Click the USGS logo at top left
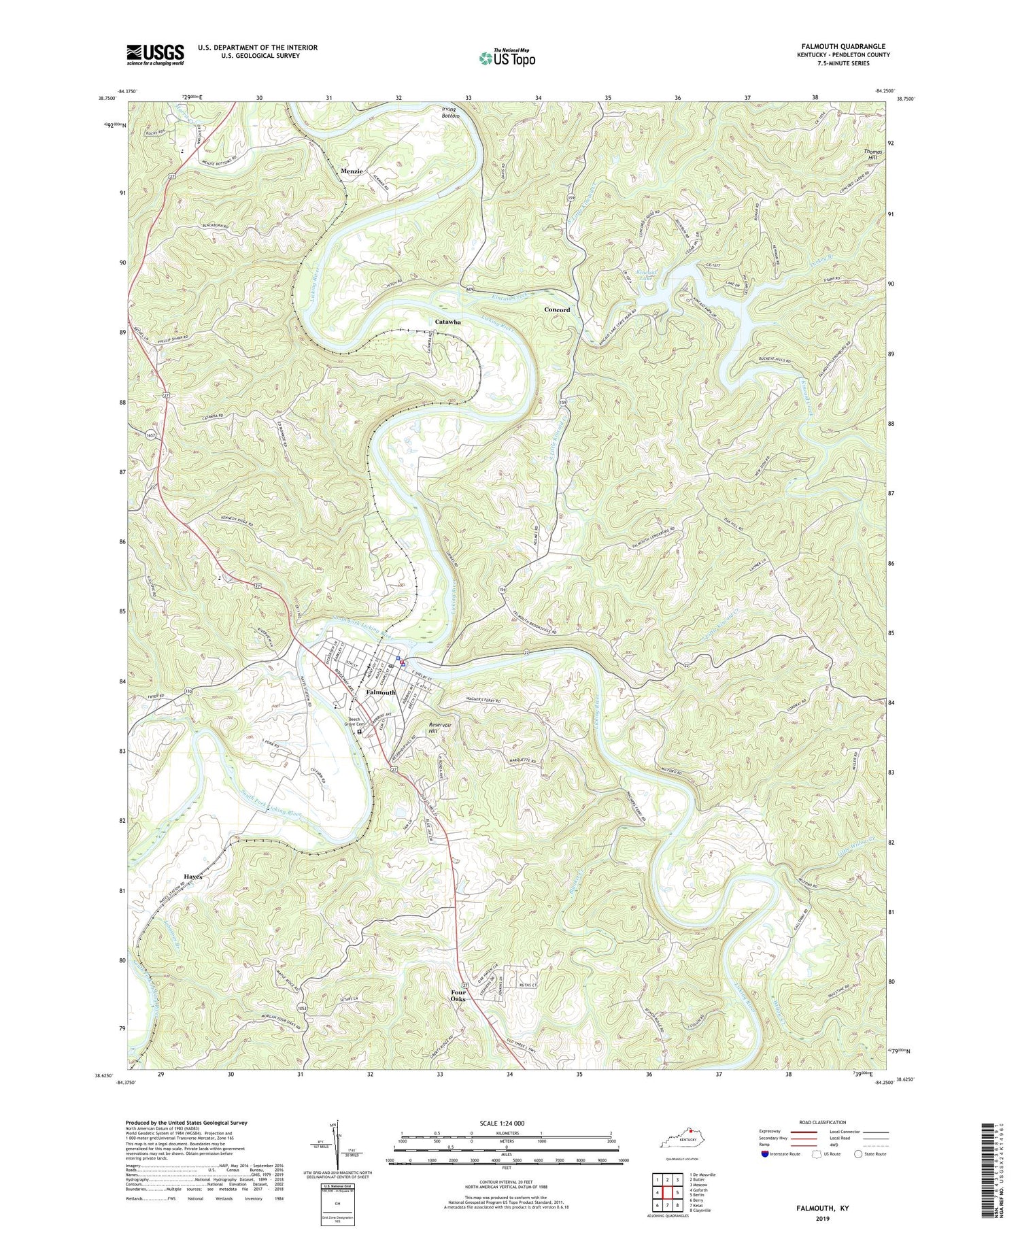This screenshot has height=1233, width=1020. (155, 54)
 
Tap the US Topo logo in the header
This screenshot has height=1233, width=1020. (507, 58)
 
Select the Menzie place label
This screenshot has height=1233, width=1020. (352, 171)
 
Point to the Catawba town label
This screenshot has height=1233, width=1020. (447, 322)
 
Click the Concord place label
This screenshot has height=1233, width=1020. (557, 310)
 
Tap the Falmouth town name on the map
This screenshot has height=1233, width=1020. (381, 692)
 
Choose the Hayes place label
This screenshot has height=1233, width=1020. (192, 877)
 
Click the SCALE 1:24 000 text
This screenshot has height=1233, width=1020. (506, 1124)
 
